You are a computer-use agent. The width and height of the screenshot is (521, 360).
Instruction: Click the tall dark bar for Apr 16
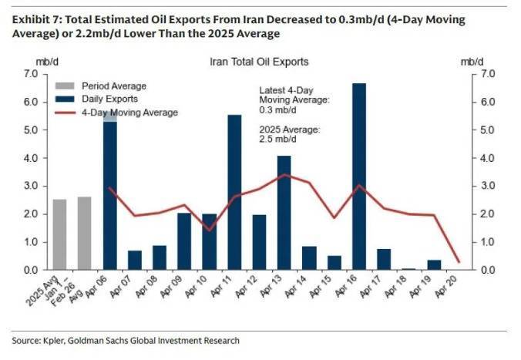coord(358,177)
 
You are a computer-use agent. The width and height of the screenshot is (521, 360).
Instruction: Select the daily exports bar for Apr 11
coord(234,193)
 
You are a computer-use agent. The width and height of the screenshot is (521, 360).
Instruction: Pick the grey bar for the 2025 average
coord(60,234)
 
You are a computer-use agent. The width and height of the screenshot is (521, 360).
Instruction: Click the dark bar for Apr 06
coord(110,193)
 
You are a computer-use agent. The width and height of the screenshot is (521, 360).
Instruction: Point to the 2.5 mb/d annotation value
coord(275,140)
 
